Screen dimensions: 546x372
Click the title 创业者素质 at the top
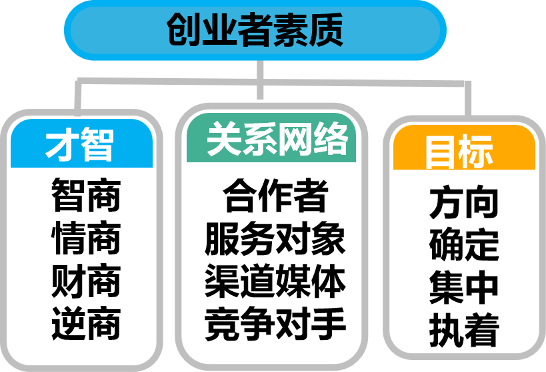(x=255, y=31)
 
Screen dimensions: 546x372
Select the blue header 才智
(x=81, y=144)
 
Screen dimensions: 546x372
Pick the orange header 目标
(x=459, y=151)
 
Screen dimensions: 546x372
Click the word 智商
(x=86, y=196)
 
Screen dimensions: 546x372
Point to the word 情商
(x=86, y=239)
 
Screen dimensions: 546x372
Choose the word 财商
(x=86, y=281)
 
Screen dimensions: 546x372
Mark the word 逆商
(x=86, y=324)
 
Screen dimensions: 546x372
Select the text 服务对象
(x=275, y=239)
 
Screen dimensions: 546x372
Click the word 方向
(x=464, y=203)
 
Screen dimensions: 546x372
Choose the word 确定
(x=464, y=245)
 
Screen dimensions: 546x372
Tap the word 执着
(x=464, y=329)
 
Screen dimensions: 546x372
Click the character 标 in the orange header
(x=477, y=151)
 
